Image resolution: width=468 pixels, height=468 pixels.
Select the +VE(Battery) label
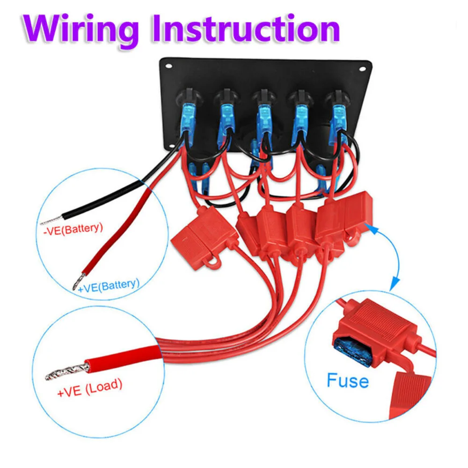[x=109, y=283]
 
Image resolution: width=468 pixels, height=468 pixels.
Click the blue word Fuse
[x=348, y=380]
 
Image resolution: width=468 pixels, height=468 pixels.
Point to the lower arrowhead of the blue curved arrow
[x=395, y=281]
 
